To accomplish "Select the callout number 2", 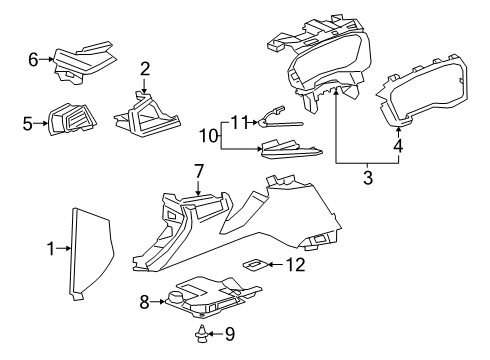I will [145, 68].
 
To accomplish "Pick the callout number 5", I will [27, 125].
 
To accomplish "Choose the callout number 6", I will [33, 61].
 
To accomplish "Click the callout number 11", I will [237, 121].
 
